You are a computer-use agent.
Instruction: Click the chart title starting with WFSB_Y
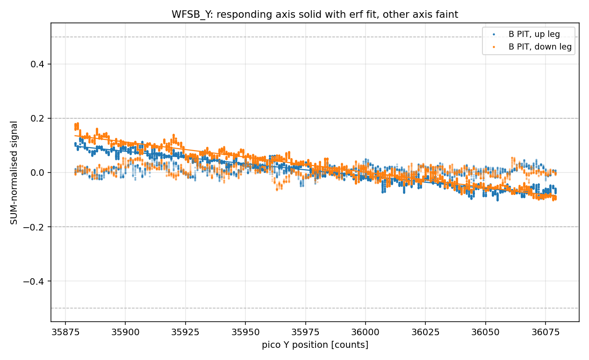pos(315,14)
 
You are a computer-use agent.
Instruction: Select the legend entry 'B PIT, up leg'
pos(534,34)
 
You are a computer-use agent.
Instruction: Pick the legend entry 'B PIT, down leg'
pos(540,47)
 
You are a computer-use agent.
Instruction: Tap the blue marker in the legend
pos(494,35)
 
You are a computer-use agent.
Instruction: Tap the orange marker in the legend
pos(494,47)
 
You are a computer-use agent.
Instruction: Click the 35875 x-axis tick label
pos(65,332)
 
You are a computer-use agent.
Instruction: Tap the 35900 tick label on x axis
pos(125,332)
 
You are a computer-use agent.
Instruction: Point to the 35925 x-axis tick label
pos(186,332)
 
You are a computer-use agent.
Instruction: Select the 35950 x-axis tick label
pos(245,332)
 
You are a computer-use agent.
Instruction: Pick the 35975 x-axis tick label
pos(306,332)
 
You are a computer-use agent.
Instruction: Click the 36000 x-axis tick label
pos(366,332)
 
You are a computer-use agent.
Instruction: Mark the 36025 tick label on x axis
pos(425,332)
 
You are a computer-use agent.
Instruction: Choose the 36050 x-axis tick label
pos(485,332)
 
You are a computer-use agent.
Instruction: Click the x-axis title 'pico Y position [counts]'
pos(315,345)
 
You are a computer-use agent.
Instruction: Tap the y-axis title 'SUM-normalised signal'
pos(14,173)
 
